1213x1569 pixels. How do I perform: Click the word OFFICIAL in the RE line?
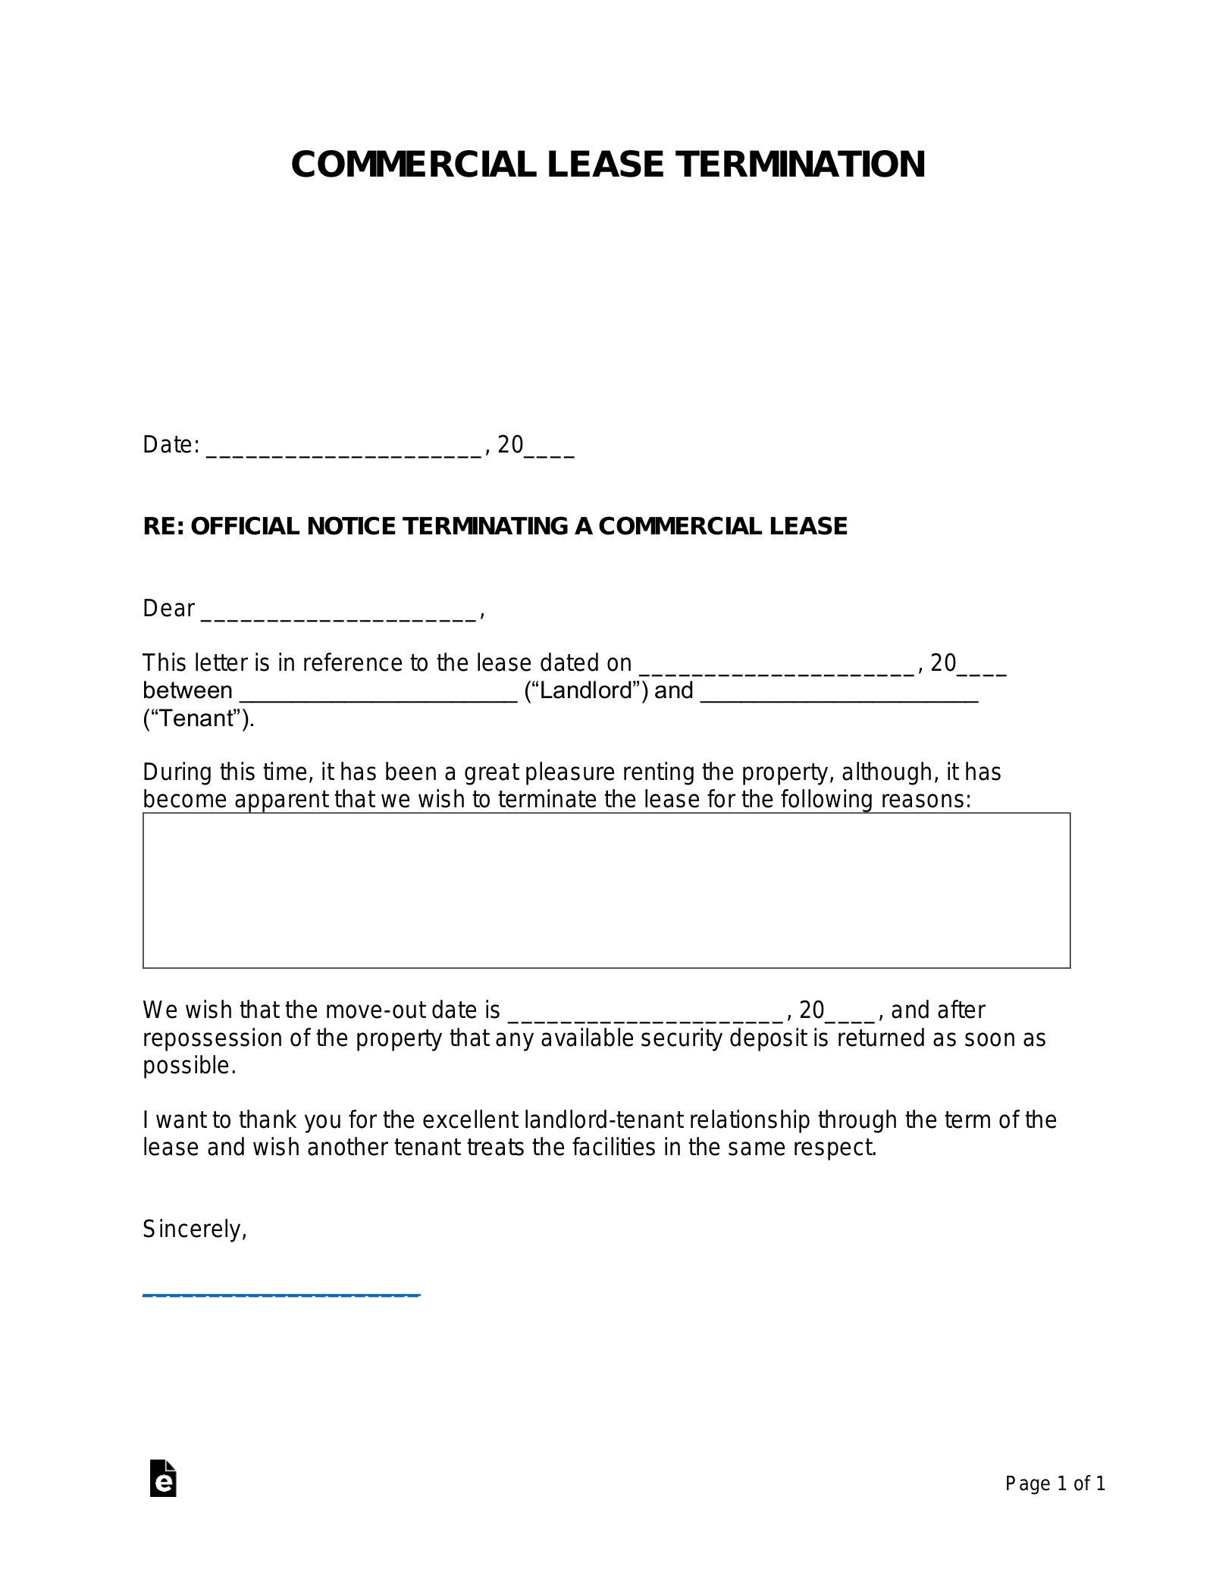(x=245, y=526)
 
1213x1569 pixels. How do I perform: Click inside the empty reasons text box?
(x=606, y=890)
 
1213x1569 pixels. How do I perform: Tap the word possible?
(x=188, y=1066)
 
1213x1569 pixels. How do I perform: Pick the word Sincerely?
(x=193, y=1229)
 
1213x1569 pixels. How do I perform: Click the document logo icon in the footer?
(x=163, y=1478)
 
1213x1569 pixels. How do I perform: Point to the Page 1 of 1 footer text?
(x=1055, y=1483)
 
